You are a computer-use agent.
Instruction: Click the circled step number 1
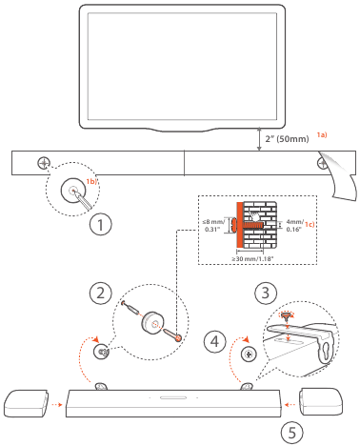coord(101,226)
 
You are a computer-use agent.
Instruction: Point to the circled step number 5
coord(292,433)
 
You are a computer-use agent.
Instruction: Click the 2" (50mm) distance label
coord(289,139)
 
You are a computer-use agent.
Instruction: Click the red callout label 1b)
coord(93,180)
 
